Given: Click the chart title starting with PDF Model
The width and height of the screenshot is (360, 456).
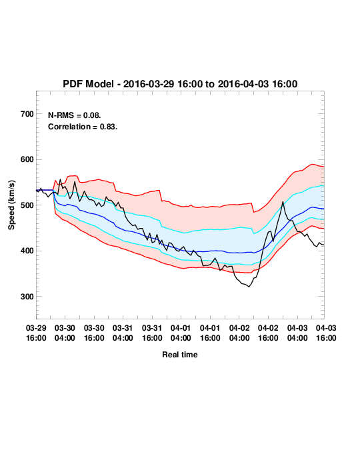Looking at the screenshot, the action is click(x=180, y=84).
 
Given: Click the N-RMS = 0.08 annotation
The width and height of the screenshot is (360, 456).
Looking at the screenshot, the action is click(x=74, y=115).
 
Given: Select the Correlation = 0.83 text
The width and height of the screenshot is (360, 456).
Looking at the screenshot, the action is click(x=83, y=127).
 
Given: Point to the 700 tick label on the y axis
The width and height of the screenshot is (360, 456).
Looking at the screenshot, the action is click(x=27, y=114).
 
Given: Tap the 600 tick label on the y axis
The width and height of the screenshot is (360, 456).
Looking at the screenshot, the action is click(x=27, y=159).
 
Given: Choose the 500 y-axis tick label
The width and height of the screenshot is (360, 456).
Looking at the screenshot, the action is click(x=27, y=205).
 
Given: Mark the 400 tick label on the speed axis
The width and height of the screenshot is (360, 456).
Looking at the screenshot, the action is click(x=27, y=251).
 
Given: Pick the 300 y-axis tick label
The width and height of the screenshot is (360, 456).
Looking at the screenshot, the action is click(x=27, y=297).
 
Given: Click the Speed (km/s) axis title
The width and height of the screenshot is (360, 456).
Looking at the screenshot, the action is click(x=11, y=205).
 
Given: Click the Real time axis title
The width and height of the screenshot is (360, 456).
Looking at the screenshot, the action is click(x=180, y=355).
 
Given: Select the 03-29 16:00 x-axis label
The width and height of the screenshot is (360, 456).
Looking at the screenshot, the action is click(x=36, y=333).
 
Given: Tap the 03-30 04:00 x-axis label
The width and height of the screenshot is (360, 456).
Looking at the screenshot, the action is click(x=65, y=333).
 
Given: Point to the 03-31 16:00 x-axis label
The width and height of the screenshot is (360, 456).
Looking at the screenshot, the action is click(x=152, y=333).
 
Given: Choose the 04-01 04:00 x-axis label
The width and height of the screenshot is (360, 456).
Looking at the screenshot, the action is click(x=181, y=333).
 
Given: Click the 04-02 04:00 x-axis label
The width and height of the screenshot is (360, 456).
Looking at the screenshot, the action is click(x=239, y=333).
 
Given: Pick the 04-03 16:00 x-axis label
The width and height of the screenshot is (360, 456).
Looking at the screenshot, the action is click(x=326, y=333).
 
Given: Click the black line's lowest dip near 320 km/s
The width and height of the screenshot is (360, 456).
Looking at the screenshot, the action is click(x=249, y=287).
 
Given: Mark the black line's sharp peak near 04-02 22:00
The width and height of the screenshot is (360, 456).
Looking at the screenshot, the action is click(x=283, y=201).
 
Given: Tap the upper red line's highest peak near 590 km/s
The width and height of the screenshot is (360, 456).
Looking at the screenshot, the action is click(x=312, y=164).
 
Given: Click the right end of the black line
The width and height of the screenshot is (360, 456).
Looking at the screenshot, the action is click(x=324, y=245).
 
